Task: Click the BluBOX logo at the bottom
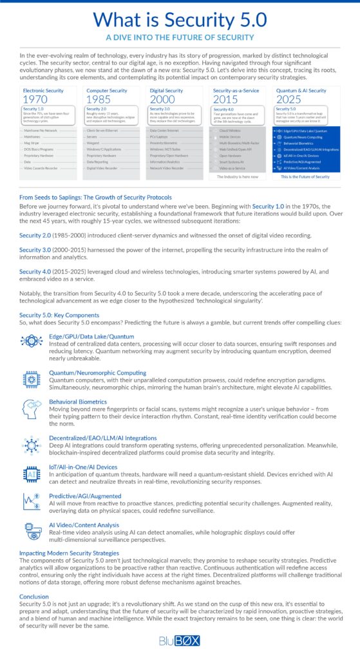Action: point(180,640)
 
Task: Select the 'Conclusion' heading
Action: point(34,597)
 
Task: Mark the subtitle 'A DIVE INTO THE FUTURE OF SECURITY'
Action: point(180,37)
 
